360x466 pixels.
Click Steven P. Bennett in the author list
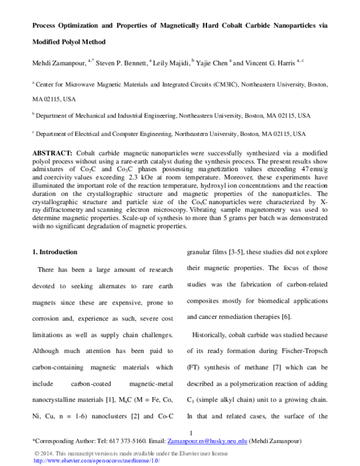pos(124,62)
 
